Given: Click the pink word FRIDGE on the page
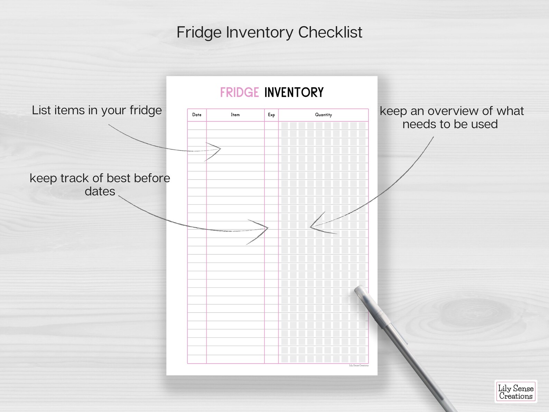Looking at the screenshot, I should (x=239, y=92).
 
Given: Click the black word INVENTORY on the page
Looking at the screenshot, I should (x=294, y=92).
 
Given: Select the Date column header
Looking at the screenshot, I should (x=197, y=115).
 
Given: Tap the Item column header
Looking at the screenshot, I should (x=235, y=115).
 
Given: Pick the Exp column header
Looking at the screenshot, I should (x=271, y=115).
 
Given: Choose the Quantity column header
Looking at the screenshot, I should (x=323, y=115).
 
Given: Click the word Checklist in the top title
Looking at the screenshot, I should (x=330, y=33).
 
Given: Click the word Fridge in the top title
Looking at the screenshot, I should (x=199, y=33).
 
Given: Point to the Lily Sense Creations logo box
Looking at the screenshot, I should (x=515, y=392).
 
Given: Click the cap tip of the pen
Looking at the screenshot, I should (x=359, y=289).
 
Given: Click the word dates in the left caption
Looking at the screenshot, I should (x=100, y=191).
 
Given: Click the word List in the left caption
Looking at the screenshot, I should (x=41, y=110).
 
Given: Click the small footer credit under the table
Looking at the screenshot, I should (x=359, y=366).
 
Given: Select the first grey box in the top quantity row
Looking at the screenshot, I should (x=285, y=126).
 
